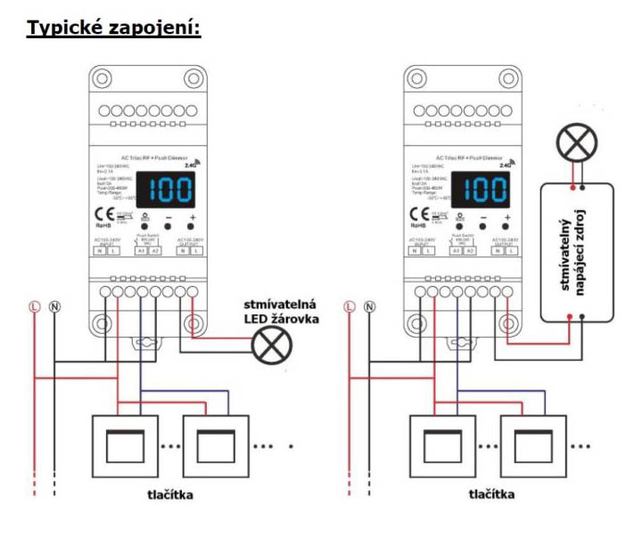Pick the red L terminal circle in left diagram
[x=34, y=307]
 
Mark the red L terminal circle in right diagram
[x=347, y=307]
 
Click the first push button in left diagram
[x=123, y=444]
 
